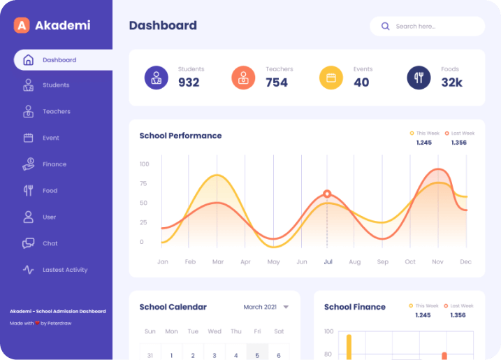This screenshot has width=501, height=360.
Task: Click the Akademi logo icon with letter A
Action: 22,25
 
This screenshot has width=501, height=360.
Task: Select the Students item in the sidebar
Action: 55,85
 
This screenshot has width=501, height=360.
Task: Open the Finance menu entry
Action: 54,164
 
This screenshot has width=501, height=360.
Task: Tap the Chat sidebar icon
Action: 29,243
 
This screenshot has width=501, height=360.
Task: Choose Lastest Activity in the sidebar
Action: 64,270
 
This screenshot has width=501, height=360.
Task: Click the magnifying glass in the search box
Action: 385,27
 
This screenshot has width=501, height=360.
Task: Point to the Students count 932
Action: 189,82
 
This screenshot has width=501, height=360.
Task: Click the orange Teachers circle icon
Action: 243,78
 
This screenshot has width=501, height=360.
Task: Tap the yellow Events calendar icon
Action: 331,78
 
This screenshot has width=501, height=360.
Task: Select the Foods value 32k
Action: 451,82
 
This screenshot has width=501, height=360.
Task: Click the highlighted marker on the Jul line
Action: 327,194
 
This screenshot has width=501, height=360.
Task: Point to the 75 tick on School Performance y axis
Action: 143,184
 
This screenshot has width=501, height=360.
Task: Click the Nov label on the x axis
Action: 437,262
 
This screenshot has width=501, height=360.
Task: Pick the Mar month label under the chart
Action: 218,262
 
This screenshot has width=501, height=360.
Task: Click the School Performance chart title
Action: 180,136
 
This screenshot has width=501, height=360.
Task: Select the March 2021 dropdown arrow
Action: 286,307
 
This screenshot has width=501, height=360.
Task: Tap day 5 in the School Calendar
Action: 257,355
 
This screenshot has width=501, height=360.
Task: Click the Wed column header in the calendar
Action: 215,331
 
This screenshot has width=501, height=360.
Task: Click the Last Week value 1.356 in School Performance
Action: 458,143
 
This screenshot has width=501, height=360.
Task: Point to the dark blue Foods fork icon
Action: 419,78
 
